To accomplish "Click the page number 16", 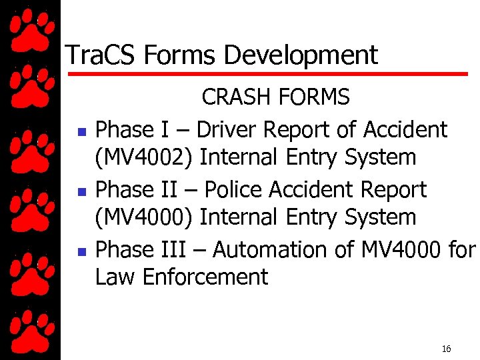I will tap(447, 349).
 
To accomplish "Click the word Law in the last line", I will tap(114, 277).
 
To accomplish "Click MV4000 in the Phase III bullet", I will tap(400, 249).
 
